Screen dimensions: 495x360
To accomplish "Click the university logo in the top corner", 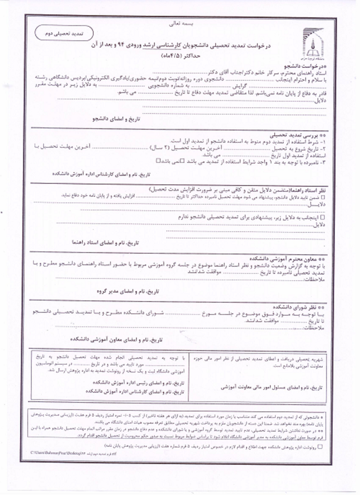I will (x=311, y=44).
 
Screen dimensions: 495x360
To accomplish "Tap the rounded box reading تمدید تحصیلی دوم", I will (x=64, y=33).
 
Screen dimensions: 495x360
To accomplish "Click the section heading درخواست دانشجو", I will (x=305, y=67).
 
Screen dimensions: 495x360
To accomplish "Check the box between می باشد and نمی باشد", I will (x=183, y=161).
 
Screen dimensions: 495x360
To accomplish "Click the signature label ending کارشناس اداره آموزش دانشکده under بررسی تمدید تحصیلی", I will (x=101, y=174).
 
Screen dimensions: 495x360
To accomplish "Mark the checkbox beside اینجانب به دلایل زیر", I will (x=322, y=217).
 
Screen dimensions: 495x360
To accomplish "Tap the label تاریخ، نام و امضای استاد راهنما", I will (x=105, y=242).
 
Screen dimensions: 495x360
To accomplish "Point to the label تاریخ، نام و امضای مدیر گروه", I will (x=128, y=291).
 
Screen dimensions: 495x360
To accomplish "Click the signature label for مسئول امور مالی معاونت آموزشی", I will (x=271, y=387).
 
